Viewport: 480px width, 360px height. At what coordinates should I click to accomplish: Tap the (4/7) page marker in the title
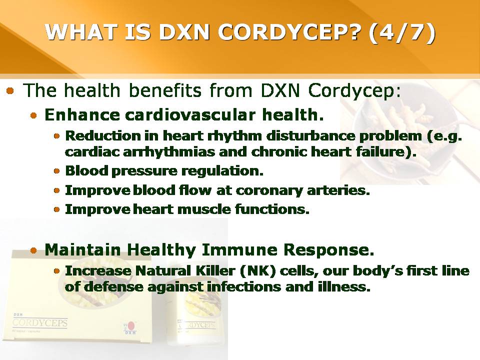pyautogui.click(x=401, y=32)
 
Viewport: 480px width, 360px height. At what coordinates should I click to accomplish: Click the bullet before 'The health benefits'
pyautogui.click(x=10, y=91)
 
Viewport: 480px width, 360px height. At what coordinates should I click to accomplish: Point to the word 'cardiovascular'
pyautogui.click(x=190, y=115)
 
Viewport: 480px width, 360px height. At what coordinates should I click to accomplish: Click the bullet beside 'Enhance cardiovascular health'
pyautogui.click(x=33, y=115)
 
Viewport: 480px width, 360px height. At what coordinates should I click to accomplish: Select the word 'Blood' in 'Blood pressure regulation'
pyautogui.click(x=87, y=170)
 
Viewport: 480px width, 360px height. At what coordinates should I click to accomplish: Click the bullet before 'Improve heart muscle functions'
pyautogui.click(x=56, y=209)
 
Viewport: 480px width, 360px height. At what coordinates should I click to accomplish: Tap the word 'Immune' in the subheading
pyautogui.click(x=239, y=249)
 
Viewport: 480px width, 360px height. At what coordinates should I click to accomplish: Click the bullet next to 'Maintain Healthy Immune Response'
pyautogui.click(x=33, y=251)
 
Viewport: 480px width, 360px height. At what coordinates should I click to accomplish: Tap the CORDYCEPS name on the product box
pyautogui.click(x=40, y=322)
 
